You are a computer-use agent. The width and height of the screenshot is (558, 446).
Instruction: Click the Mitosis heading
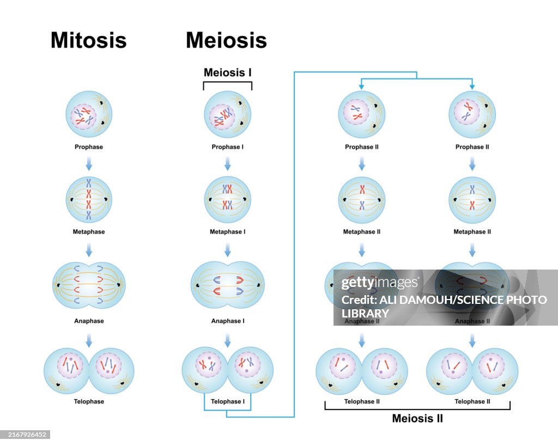click(89, 40)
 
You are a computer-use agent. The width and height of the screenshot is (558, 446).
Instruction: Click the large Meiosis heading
click(226, 40)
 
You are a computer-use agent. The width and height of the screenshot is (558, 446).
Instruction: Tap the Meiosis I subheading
click(227, 72)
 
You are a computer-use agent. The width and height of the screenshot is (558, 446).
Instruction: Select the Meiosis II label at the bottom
click(417, 419)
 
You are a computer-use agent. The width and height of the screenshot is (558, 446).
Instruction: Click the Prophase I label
click(227, 147)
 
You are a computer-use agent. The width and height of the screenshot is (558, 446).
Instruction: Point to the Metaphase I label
click(227, 232)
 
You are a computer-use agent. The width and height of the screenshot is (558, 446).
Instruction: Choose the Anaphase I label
click(227, 321)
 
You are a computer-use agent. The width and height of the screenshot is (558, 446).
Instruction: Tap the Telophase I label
click(227, 402)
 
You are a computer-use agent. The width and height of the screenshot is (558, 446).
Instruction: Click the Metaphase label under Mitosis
click(89, 232)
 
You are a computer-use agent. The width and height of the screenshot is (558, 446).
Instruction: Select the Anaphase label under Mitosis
click(89, 321)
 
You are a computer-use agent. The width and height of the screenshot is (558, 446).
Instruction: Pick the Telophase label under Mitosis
click(89, 402)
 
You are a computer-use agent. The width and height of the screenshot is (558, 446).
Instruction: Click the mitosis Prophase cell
click(89, 114)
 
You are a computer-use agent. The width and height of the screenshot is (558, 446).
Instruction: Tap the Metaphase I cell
click(227, 200)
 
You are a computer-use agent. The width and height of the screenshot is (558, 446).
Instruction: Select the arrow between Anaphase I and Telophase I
click(227, 340)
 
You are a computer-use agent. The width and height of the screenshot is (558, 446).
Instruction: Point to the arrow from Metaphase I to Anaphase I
click(227, 249)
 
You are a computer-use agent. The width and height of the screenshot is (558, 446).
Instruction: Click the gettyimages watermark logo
click(379, 283)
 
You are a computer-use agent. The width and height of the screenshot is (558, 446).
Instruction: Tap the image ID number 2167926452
click(25, 435)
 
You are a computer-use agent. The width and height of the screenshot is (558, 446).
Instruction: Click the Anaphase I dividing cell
click(227, 285)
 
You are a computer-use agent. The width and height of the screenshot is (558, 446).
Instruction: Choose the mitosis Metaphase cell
click(89, 200)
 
